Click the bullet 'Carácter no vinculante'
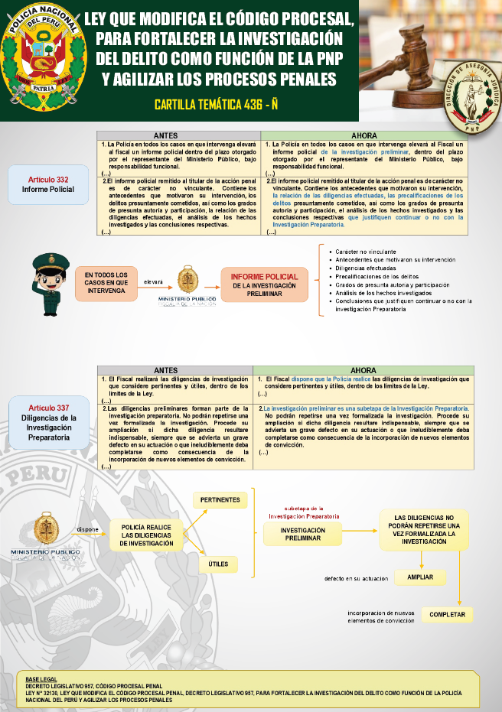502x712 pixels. pyautogui.click(x=366, y=252)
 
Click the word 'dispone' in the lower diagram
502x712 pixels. pyautogui.click(x=87, y=528)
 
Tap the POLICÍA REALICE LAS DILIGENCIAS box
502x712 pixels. pyautogui.click(x=152, y=535)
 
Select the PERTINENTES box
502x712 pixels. pyautogui.click(x=220, y=500)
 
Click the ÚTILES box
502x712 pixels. pyautogui.click(x=220, y=564)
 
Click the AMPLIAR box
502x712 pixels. pyautogui.click(x=420, y=577)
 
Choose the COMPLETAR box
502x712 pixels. pyautogui.click(x=447, y=615)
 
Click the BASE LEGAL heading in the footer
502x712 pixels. pyautogui.click(x=41, y=679)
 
